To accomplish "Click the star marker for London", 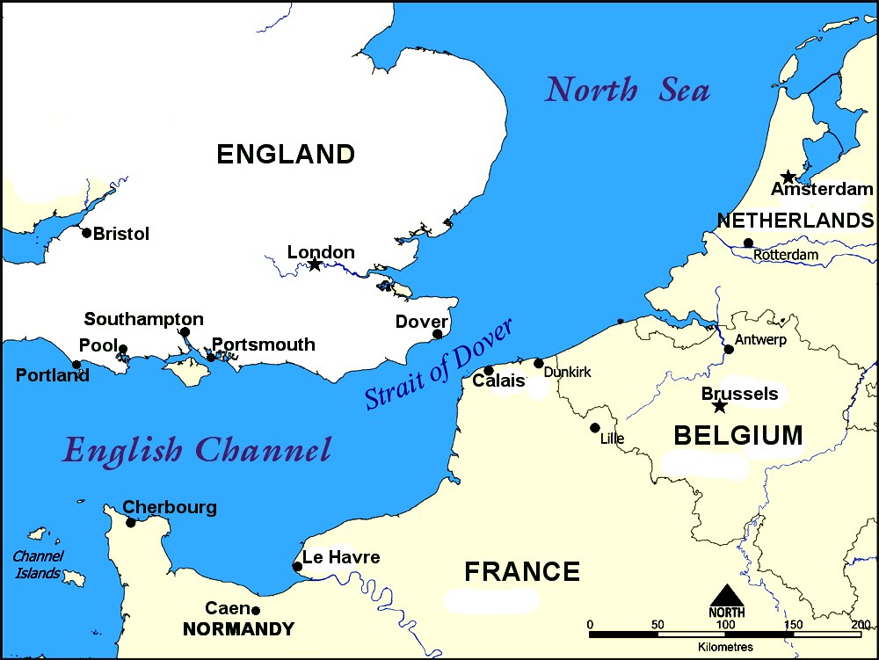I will coord(315,264).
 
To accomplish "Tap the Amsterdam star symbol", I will coord(788,177).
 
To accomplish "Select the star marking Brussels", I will coord(720,405).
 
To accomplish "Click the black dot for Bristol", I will coord(86,233).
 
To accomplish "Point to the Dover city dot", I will coord(437,334).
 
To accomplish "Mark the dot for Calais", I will coord(489,370).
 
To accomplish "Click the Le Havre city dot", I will coord(297,567).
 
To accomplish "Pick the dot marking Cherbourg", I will coord(131,523).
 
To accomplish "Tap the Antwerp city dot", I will coord(729,349).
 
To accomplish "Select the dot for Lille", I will coord(595,428).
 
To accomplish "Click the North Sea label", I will coord(627,90).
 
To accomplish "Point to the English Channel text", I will coord(197,450).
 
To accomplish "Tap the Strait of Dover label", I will coord(439,363).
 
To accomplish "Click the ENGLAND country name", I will coord(286,154).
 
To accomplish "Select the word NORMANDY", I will coord(238,629).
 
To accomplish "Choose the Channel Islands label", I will coord(38,564).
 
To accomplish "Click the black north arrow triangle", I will coord(726,594).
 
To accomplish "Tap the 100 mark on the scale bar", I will coord(726,624).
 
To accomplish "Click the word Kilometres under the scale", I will coord(725,646).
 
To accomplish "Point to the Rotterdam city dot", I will coord(748,243).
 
